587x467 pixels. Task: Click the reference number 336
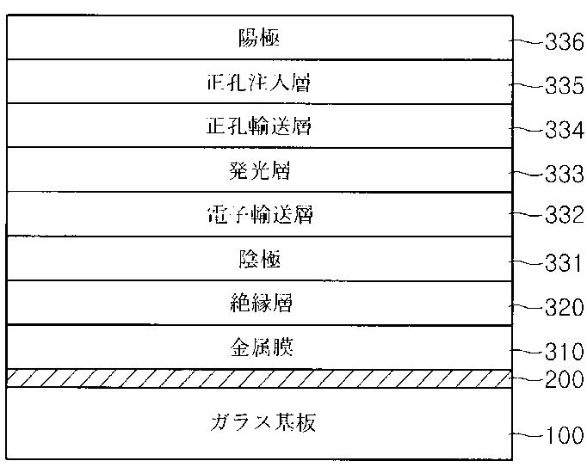tap(564, 41)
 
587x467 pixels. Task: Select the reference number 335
tap(564, 85)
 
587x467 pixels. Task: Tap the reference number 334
tap(564, 130)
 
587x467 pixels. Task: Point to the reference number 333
tap(564, 175)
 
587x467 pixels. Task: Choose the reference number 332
tap(564, 215)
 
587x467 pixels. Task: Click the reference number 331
tap(564, 262)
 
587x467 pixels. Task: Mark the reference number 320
tap(564, 307)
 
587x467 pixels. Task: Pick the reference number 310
tap(564, 352)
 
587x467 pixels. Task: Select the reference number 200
tap(564, 379)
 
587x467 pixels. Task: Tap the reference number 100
tap(564, 436)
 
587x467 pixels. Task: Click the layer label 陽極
tap(259, 38)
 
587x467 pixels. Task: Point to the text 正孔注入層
tap(259, 83)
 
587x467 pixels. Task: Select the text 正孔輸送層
tap(259, 126)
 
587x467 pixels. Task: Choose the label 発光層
tap(259, 170)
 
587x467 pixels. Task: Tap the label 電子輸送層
tap(259, 214)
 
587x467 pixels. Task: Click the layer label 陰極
tap(259, 258)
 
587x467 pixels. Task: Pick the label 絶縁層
tap(259, 303)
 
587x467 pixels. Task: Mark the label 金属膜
tap(259, 347)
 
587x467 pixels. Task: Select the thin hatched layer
tap(258, 378)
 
